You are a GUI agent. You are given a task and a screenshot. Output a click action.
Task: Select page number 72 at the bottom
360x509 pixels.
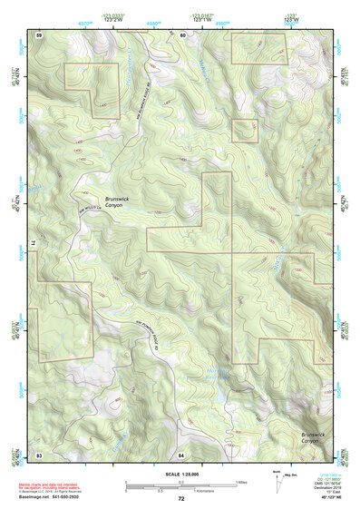click(x=181, y=499)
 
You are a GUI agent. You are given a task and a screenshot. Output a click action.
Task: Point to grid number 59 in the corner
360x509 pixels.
click(x=39, y=34)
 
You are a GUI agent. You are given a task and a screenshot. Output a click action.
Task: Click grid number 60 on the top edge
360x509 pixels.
click(x=182, y=34)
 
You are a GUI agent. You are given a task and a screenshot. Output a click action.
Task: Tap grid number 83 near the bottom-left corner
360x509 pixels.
click(x=39, y=453)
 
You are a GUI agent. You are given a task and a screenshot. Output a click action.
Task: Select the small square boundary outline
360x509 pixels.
click(x=242, y=130)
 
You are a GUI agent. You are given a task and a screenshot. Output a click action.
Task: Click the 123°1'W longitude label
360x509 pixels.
click(x=200, y=17)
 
